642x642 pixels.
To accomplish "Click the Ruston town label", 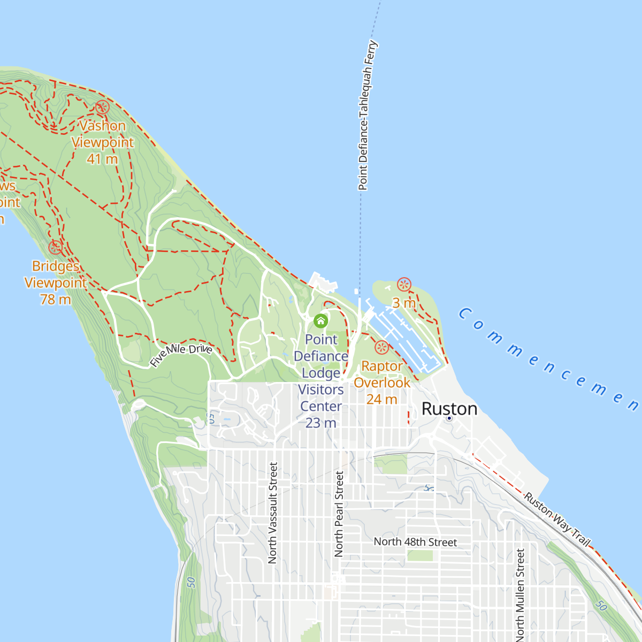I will click(x=449, y=409).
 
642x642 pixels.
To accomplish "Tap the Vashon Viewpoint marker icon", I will click(x=102, y=108).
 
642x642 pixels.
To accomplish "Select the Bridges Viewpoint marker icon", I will click(x=55, y=247).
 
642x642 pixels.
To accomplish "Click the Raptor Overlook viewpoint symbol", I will click(x=381, y=347).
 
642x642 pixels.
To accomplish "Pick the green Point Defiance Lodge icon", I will click(x=320, y=321).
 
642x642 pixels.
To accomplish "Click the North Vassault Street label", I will click(x=273, y=513).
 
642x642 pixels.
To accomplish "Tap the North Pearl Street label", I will click(x=339, y=514).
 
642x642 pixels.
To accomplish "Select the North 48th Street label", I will click(x=415, y=542).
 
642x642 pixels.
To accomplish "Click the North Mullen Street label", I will click(x=520, y=594).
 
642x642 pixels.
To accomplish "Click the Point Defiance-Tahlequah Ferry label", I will click(x=368, y=115).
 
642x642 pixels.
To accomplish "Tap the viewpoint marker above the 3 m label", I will click(x=404, y=285).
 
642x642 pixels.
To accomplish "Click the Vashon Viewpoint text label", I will click(x=102, y=134).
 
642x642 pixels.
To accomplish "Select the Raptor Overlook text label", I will click(x=382, y=374).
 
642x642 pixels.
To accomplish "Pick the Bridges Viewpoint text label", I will click(x=56, y=274).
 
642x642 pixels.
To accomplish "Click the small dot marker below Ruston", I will click(x=449, y=418).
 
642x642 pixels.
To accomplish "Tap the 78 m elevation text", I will click(x=56, y=300).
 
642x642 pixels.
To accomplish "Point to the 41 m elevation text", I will click(x=102, y=159).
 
